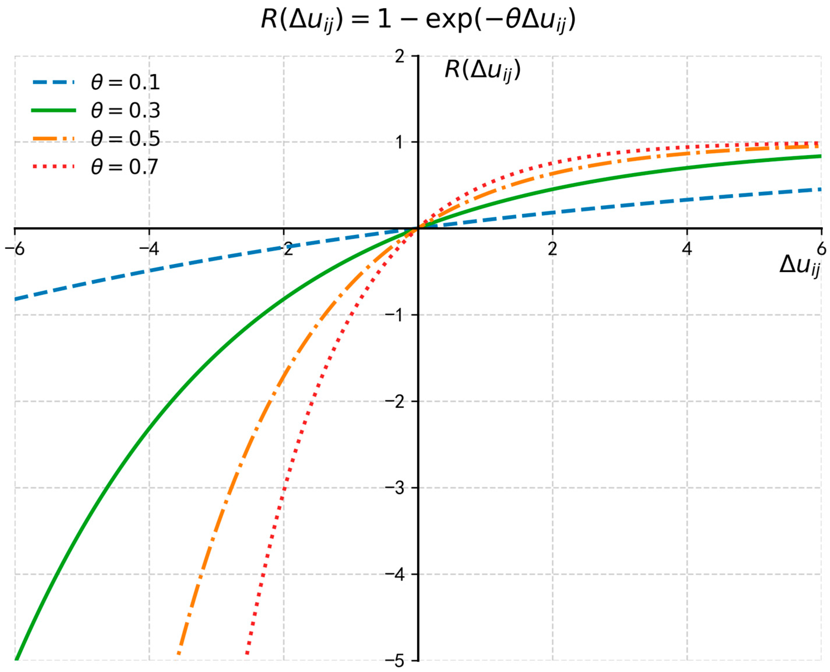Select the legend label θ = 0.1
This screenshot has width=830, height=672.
coord(125,82)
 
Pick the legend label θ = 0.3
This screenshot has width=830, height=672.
coord(125,111)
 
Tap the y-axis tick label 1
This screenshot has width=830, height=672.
coord(400,142)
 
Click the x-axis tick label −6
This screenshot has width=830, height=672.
coord(15,249)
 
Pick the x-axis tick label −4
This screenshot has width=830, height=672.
coord(149,249)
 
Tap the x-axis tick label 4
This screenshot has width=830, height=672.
coord(686,249)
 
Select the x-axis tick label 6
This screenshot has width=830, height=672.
coord(821,249)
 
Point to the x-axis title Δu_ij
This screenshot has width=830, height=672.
coord(799,266)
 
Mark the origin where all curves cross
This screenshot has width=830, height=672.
coord(418,228)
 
